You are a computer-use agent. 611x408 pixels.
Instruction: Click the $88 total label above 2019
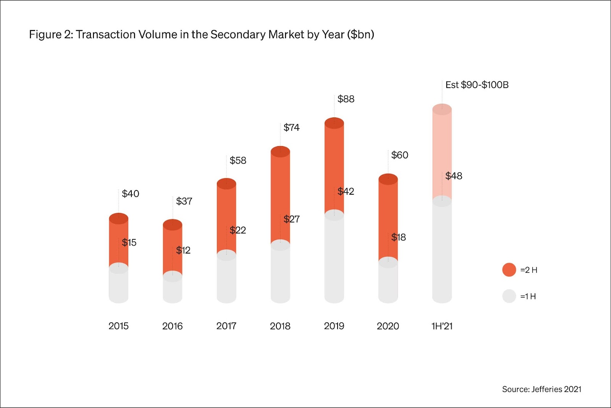tap(346, 99)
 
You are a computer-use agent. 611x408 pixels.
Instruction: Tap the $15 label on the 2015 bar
tap(129, 242)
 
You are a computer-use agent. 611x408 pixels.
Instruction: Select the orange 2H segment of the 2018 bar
tap(280, 195)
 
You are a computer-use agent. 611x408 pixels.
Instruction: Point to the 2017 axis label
tap(226, 326)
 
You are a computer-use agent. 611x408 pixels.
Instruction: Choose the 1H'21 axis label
tap(442, 326)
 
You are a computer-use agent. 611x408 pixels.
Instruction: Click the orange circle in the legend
tap(509, 270)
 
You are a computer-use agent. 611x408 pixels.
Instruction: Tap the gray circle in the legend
tap(509, 296)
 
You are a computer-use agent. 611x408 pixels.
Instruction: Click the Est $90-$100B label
tap(477, 85)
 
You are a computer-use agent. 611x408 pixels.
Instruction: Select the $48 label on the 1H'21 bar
tap(454, 176)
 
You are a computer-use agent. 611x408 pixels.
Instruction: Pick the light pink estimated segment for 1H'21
tap(442, 153)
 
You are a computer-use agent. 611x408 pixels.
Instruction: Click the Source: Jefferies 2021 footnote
tap(541, 389)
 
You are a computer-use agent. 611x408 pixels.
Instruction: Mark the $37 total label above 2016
tap(184, 201)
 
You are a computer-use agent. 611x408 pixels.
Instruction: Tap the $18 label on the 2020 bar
tap(398, 237)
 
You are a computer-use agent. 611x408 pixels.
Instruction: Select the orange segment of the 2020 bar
tap(388, 218)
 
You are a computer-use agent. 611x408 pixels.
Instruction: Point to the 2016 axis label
tap(172, 326)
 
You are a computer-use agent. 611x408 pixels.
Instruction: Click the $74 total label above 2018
tap(291, 127)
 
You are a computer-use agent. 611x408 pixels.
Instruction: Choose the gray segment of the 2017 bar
tap(226, 279)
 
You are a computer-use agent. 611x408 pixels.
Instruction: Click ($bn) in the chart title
tap(360, 34)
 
